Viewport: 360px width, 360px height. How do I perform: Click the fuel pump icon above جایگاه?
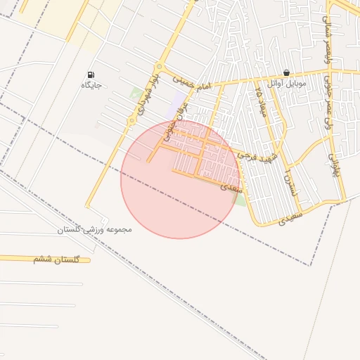(91, 75)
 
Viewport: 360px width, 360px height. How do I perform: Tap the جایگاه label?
(91, 85)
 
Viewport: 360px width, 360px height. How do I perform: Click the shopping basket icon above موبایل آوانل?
(286, 72)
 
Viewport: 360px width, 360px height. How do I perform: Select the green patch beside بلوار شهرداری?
(135, 92)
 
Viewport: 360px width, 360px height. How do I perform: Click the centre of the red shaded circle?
(179, 180)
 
